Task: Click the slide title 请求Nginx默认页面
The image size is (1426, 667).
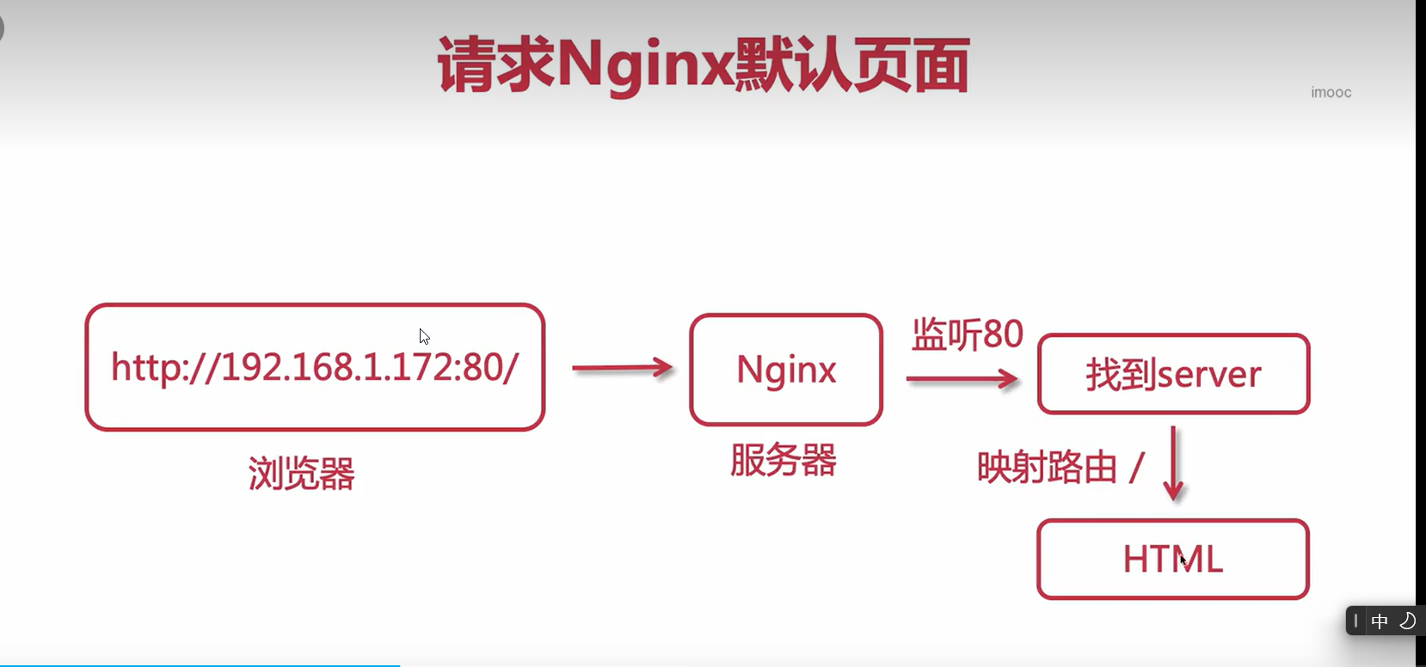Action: pyautogui.click(x=704, y=65)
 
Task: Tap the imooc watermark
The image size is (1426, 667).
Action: pyautogui.click(x=1331, y=93)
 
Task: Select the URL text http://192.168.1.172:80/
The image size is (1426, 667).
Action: pyautogui.click(x=315, y=368)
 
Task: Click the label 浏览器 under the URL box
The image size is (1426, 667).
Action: pyautogui.click(x=301, y=473)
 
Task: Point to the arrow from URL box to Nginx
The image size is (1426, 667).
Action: pyautogui.click(x=622, y=369)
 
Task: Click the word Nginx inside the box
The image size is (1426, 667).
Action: pyautogui.click(x=786, y=370)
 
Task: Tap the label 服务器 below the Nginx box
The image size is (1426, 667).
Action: pyautogui.click(x=783, y=461)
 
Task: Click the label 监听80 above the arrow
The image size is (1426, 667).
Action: pyautogui.click(x=967, y=334)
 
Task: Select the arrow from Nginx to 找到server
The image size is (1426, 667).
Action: pyautogui.click(x=962, y=379)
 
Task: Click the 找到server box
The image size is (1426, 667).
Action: pyautogui.click(x=1173, y=374)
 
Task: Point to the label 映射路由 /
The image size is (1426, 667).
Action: pyautogui.click(x=1060, y=468)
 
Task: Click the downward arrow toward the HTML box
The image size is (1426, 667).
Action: pyautogui.click(x=1173, y=464)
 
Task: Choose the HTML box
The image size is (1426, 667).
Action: pyautogui.click(x=1172, y=560)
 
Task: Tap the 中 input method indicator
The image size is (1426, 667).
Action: pyautogui.click(x=1380, y=621)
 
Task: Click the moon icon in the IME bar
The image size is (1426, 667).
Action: pyautogui.click(x=1407, y=621)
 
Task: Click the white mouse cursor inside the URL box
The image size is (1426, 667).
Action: pyautogui.click(x=424, y=337)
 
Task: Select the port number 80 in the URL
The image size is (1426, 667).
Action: pyautogui.click(x=483, y=368)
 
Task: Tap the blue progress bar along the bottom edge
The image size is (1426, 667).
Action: pyautogui.click(x=200, y=665)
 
